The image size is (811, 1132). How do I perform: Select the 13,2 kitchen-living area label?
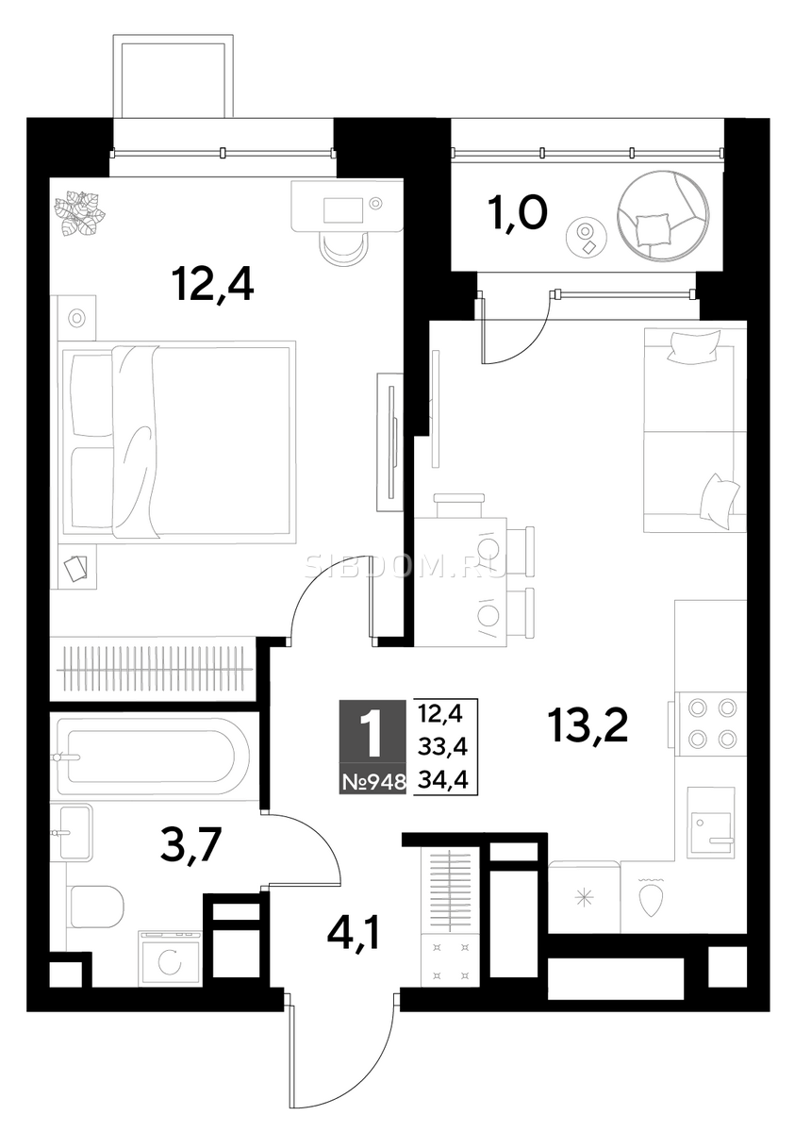[x=589, y=726]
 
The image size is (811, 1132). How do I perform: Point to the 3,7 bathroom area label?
[x=190, y=846]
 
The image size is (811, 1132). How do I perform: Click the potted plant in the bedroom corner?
[x=79, y=213]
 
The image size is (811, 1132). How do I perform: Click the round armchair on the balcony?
[x=662, y=216]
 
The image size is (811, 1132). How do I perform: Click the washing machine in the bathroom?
[x=171, y=958]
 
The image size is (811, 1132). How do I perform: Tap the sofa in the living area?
[x=695, y=429]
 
